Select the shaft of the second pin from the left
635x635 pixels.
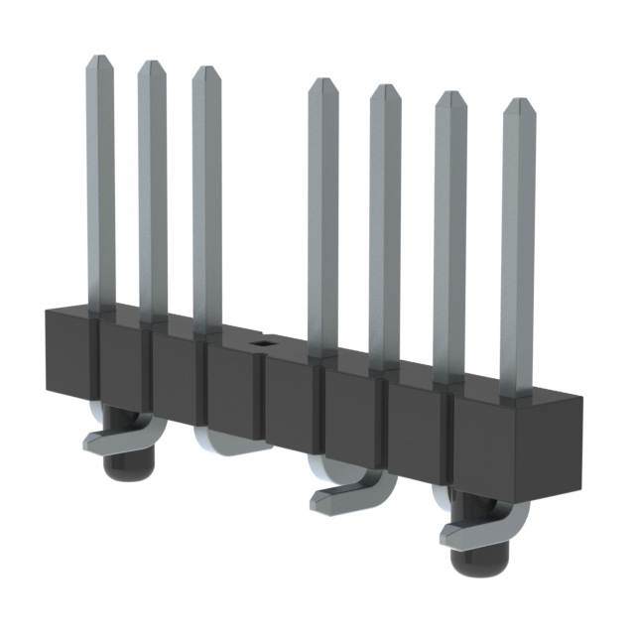[x=152, y=198]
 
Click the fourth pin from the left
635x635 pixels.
[x=322, y=218]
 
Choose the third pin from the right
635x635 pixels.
[x=385, y=228]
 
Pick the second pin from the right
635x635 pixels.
[x=449, y=238]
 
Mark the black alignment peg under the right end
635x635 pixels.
[x=474, y=561]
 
